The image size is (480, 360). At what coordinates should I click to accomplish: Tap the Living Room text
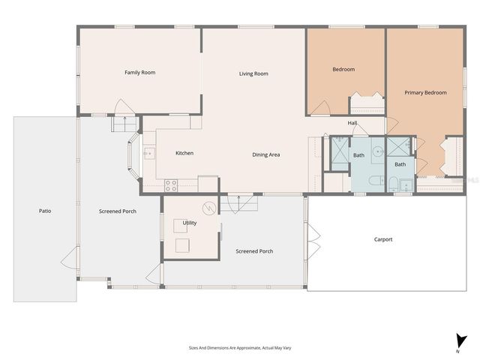253,73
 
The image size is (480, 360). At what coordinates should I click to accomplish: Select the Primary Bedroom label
425,93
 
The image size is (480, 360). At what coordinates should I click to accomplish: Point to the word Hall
352,123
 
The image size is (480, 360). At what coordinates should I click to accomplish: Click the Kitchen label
184,153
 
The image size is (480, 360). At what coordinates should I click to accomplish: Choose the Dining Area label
265,154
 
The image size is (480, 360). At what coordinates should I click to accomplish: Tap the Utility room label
190,223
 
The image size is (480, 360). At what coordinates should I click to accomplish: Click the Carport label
383,239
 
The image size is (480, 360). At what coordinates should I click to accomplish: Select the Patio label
45,211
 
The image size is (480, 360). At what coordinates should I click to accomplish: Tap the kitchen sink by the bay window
148,154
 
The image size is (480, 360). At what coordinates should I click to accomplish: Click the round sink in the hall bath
379,150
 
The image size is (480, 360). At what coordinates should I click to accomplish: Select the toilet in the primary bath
393,183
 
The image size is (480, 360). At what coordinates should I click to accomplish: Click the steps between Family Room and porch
121,123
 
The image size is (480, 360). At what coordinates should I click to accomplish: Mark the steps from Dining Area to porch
240,202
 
